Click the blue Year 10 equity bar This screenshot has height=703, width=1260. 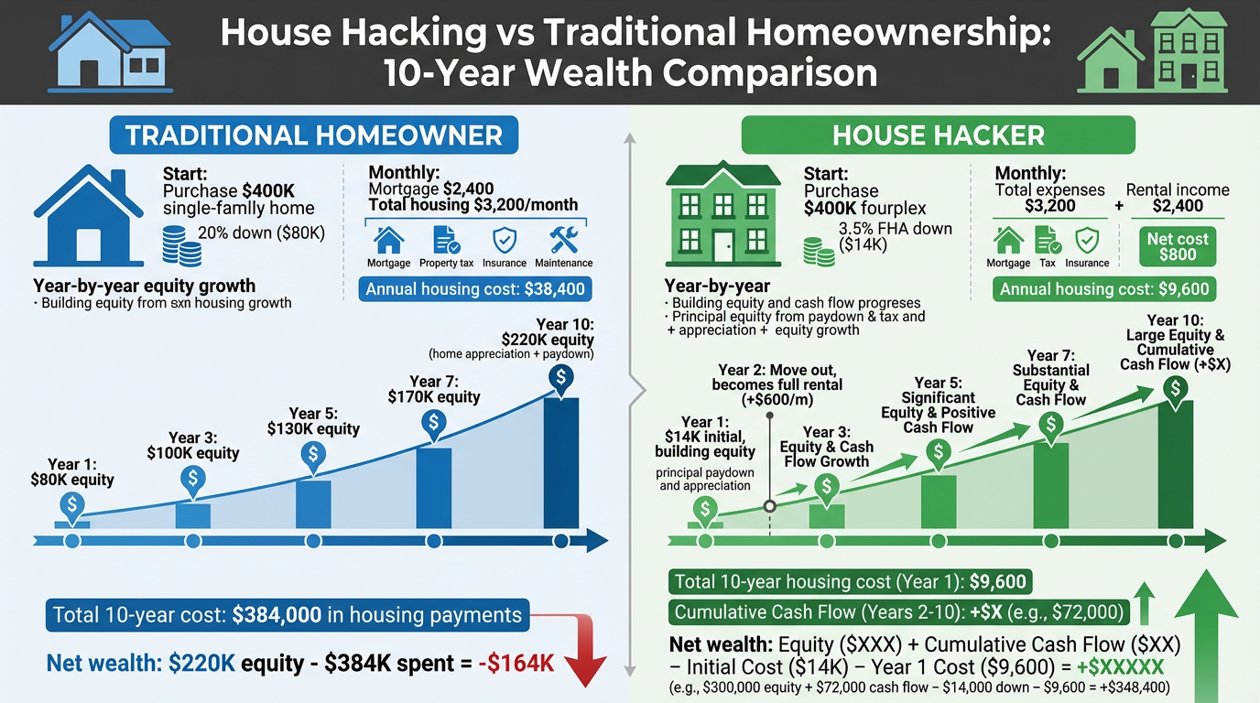(560, 463)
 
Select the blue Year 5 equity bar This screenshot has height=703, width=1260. (313, 504)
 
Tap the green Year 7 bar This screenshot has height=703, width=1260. (1050, 485)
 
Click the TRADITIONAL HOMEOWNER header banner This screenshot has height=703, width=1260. (314, 135)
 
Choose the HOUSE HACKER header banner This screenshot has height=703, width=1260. (939, 135)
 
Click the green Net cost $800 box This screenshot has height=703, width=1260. (1178, 246)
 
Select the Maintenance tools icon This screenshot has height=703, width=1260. (564, 240)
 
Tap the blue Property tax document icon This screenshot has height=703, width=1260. (447, 240)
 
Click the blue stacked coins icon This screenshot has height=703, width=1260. (181, 245)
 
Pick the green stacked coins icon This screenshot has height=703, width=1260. (819, 252)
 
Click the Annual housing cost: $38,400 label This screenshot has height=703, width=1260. (475, 289)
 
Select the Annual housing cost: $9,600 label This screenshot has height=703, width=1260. (1104, 289)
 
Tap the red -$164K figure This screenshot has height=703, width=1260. (516, 663)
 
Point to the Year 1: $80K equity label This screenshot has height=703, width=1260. (72, 471)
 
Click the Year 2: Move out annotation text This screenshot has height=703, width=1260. (777, 385)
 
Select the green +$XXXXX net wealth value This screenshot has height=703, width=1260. (1120, 667)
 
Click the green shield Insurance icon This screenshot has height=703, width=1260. (1087, 240)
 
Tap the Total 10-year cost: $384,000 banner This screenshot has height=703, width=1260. (288, 615)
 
